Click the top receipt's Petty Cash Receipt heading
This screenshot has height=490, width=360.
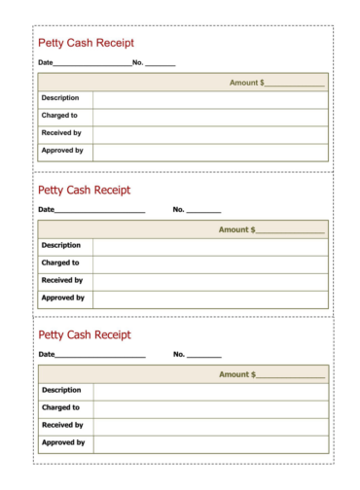86,43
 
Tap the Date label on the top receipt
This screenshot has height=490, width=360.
45,63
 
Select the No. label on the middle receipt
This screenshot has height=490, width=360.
178,209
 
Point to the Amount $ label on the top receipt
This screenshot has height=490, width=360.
246,83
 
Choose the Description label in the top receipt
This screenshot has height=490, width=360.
60,98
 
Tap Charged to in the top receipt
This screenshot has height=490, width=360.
59,116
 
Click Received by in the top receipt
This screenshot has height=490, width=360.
61,133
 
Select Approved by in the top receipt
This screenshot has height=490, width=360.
62,151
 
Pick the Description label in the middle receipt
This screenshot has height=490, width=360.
60,245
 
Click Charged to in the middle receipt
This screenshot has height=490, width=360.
59,262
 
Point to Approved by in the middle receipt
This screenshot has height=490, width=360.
62,297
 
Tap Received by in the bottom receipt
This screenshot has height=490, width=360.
61,425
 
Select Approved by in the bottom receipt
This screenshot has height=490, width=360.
62,442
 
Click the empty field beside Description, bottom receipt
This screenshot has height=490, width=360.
210,391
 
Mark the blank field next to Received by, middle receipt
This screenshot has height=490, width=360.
210,280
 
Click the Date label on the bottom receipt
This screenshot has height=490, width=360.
46,355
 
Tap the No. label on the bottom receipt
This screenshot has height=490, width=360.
178,355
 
